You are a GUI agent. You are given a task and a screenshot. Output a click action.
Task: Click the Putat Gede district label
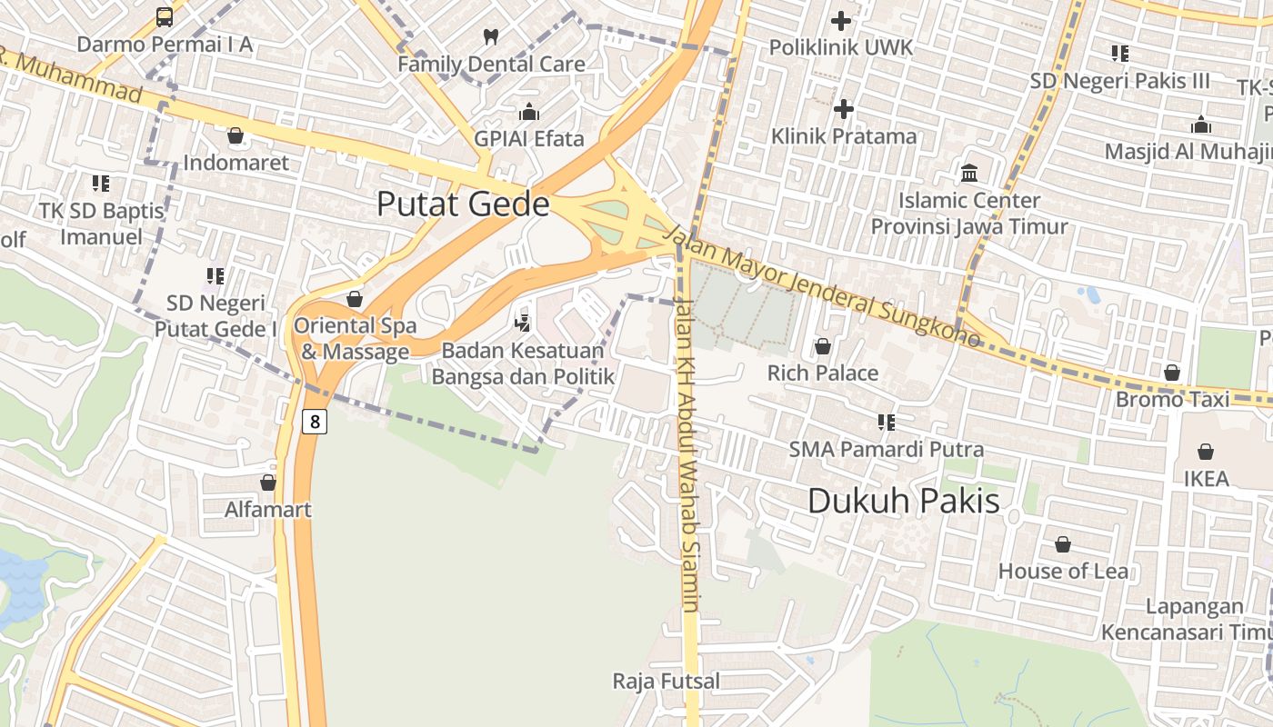coord(463,204)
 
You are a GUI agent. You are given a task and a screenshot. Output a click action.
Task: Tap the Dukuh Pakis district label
coord(903,501)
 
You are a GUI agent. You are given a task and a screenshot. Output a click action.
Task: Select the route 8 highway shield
coord(315,421)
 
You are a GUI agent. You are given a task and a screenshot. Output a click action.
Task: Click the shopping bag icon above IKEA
coord(1206,452)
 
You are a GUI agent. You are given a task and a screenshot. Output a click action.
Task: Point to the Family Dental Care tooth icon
coord(491,37)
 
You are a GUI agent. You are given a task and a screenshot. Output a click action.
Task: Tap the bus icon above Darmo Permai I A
coord(165,16)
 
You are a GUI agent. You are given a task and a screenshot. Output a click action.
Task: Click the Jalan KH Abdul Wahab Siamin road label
coord(688,454)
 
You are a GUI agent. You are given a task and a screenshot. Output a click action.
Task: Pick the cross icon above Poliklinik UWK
coord(841,20)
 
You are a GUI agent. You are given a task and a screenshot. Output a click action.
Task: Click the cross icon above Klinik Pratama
coord(844,109)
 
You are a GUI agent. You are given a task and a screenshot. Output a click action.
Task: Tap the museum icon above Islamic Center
coord(969,173)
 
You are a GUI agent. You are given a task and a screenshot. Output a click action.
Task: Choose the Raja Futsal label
coord(666,681)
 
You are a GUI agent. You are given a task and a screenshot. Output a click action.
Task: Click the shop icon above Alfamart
coord(268,483)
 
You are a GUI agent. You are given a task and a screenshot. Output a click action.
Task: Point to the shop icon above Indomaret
coord(236,135)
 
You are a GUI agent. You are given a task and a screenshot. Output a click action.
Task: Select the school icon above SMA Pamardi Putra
coord(886,422)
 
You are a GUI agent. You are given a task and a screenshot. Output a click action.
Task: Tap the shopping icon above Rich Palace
coord(822,346)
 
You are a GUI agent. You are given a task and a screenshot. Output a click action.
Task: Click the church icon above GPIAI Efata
coord(528,112)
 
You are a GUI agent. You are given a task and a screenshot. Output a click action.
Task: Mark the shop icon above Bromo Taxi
coord(1172,373)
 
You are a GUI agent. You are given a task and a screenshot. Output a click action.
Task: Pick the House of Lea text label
coord(1063,571)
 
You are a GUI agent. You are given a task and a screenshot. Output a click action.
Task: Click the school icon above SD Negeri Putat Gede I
coord(215,274)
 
